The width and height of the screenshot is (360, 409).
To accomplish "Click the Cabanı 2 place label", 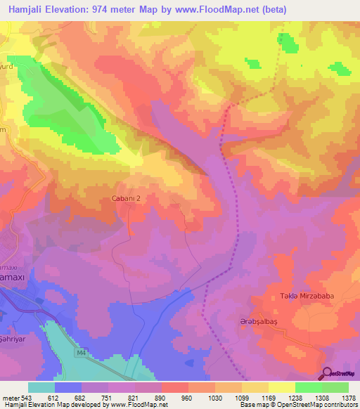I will (x=130, y=199).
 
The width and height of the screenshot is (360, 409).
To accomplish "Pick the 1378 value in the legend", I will (x=347, y=397).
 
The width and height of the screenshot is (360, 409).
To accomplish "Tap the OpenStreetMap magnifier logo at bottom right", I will (x=338, y=374).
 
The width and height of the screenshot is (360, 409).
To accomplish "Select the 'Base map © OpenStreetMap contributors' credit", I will (x=297, y=405).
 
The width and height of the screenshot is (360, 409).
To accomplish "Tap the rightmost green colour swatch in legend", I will (x=335, y=387).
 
